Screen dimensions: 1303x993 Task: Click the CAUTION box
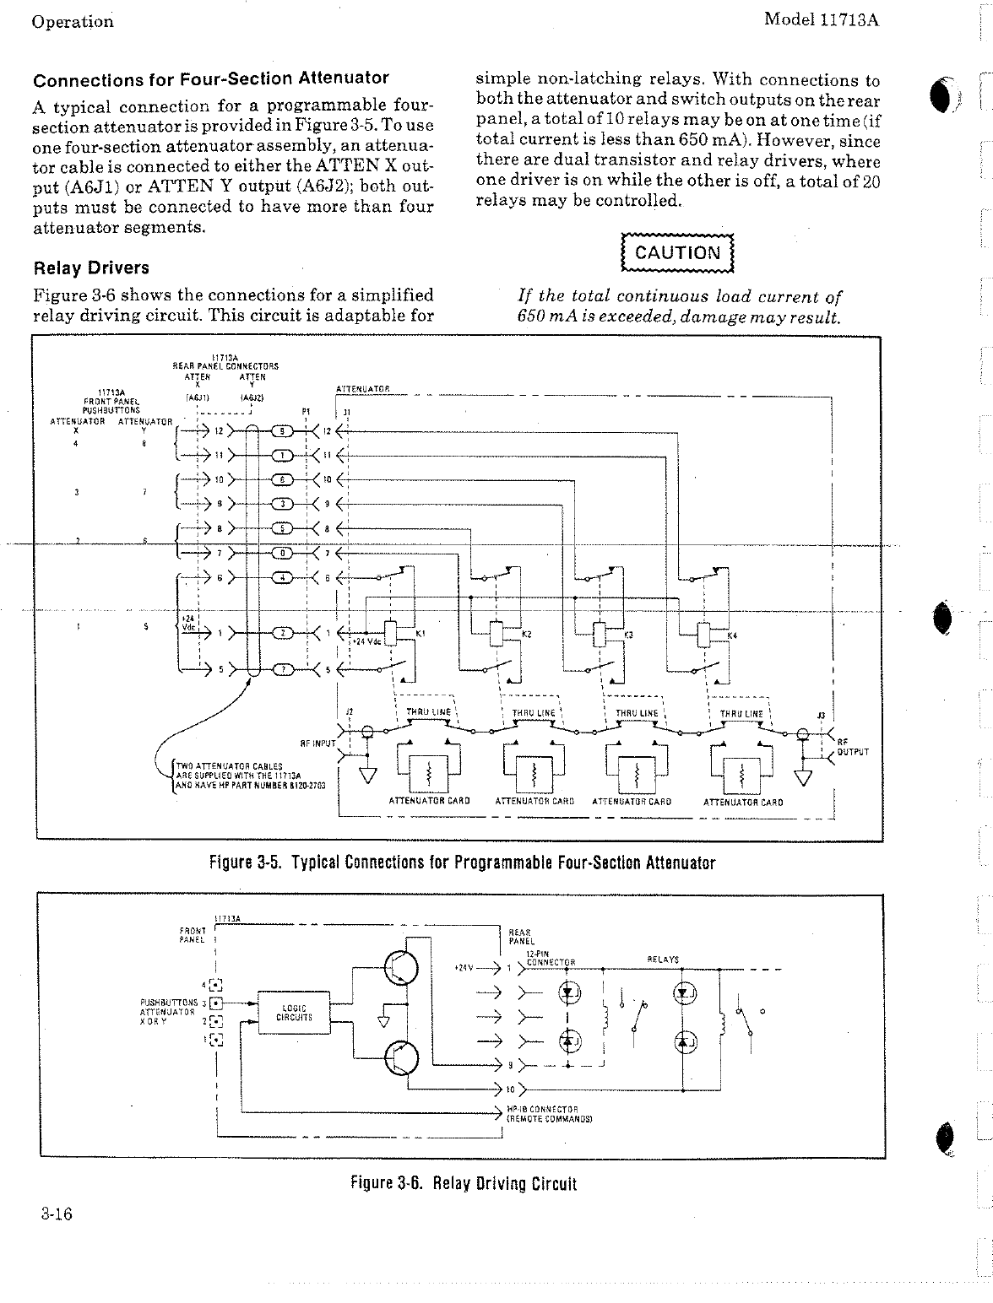677,252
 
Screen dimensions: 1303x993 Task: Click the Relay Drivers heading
90,268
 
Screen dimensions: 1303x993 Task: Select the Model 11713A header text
821,19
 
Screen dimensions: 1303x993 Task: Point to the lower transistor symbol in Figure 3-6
400,1059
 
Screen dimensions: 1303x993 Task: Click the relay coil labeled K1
390,632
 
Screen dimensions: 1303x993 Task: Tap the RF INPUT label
317,744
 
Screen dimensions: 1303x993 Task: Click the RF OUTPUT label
851,747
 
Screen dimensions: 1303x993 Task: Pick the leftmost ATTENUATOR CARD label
429,801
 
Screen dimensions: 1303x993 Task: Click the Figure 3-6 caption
463,1183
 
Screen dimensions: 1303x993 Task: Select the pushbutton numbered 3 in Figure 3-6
216,1003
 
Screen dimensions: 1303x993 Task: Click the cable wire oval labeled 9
286,432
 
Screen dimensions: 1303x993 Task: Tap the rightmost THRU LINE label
741,713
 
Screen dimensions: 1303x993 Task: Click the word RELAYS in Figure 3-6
663,960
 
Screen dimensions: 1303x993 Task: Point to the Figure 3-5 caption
462,862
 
